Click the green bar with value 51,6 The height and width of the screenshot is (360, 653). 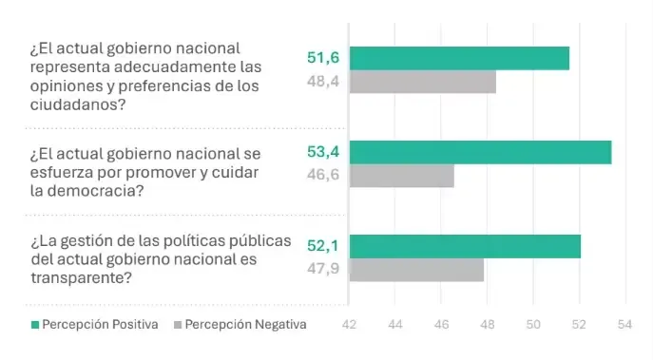click(x=459, y=58)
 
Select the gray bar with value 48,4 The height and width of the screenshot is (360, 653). click(x=423, y=83)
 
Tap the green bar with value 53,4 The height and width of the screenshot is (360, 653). click(x=480, y=152)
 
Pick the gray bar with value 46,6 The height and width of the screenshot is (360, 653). click(x=402, y=177)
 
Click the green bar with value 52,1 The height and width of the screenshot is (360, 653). click(x=465, y=246)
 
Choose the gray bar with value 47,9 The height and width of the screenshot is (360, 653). click(x=417, y=270)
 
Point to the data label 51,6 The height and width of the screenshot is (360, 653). click(x=323, y=59)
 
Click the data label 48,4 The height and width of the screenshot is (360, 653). click(x=323, y=83)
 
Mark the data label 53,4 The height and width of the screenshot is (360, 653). click(x=323, y=152)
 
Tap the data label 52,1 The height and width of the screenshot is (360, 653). click(x=323, y=246)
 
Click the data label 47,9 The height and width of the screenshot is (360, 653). click(x=323, y=270)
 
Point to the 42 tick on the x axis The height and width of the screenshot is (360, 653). click(x=350, y=325)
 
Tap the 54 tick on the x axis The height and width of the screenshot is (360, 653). click(x=624, y=325)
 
